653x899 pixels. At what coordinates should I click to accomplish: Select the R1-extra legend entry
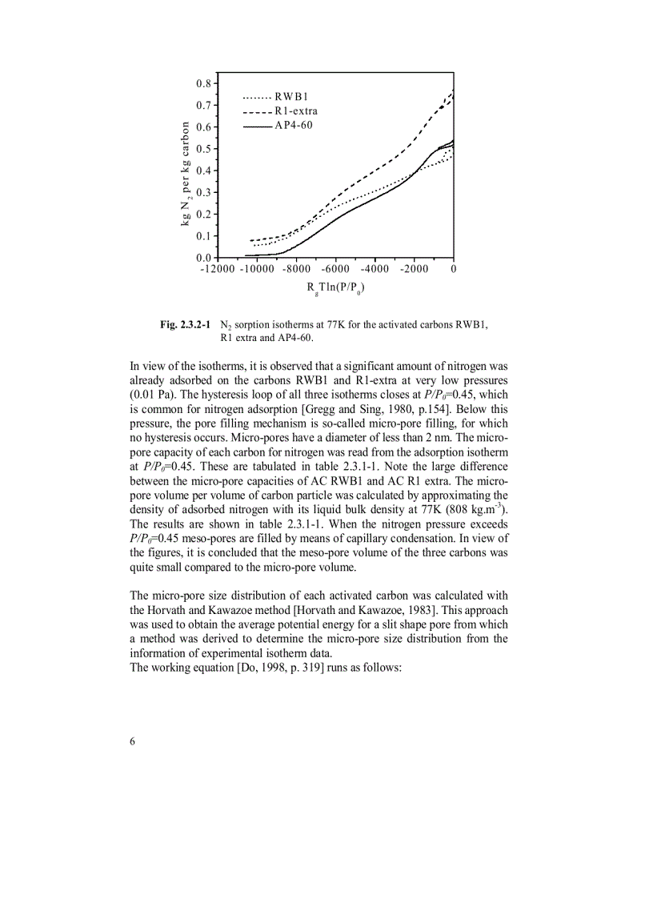pyautogui.click(x=280, y=111)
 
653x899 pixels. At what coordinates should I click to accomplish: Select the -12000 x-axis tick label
pyautogui.click(x=217, y=269)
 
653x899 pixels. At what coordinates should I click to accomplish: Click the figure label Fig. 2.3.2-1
pyautogui.click(x=186, y=324)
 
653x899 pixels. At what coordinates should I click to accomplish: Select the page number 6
pyautogui.click(x=133, y=740)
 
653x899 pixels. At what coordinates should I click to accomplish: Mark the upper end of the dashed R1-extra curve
pyautogui.click(x=453, y=93)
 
